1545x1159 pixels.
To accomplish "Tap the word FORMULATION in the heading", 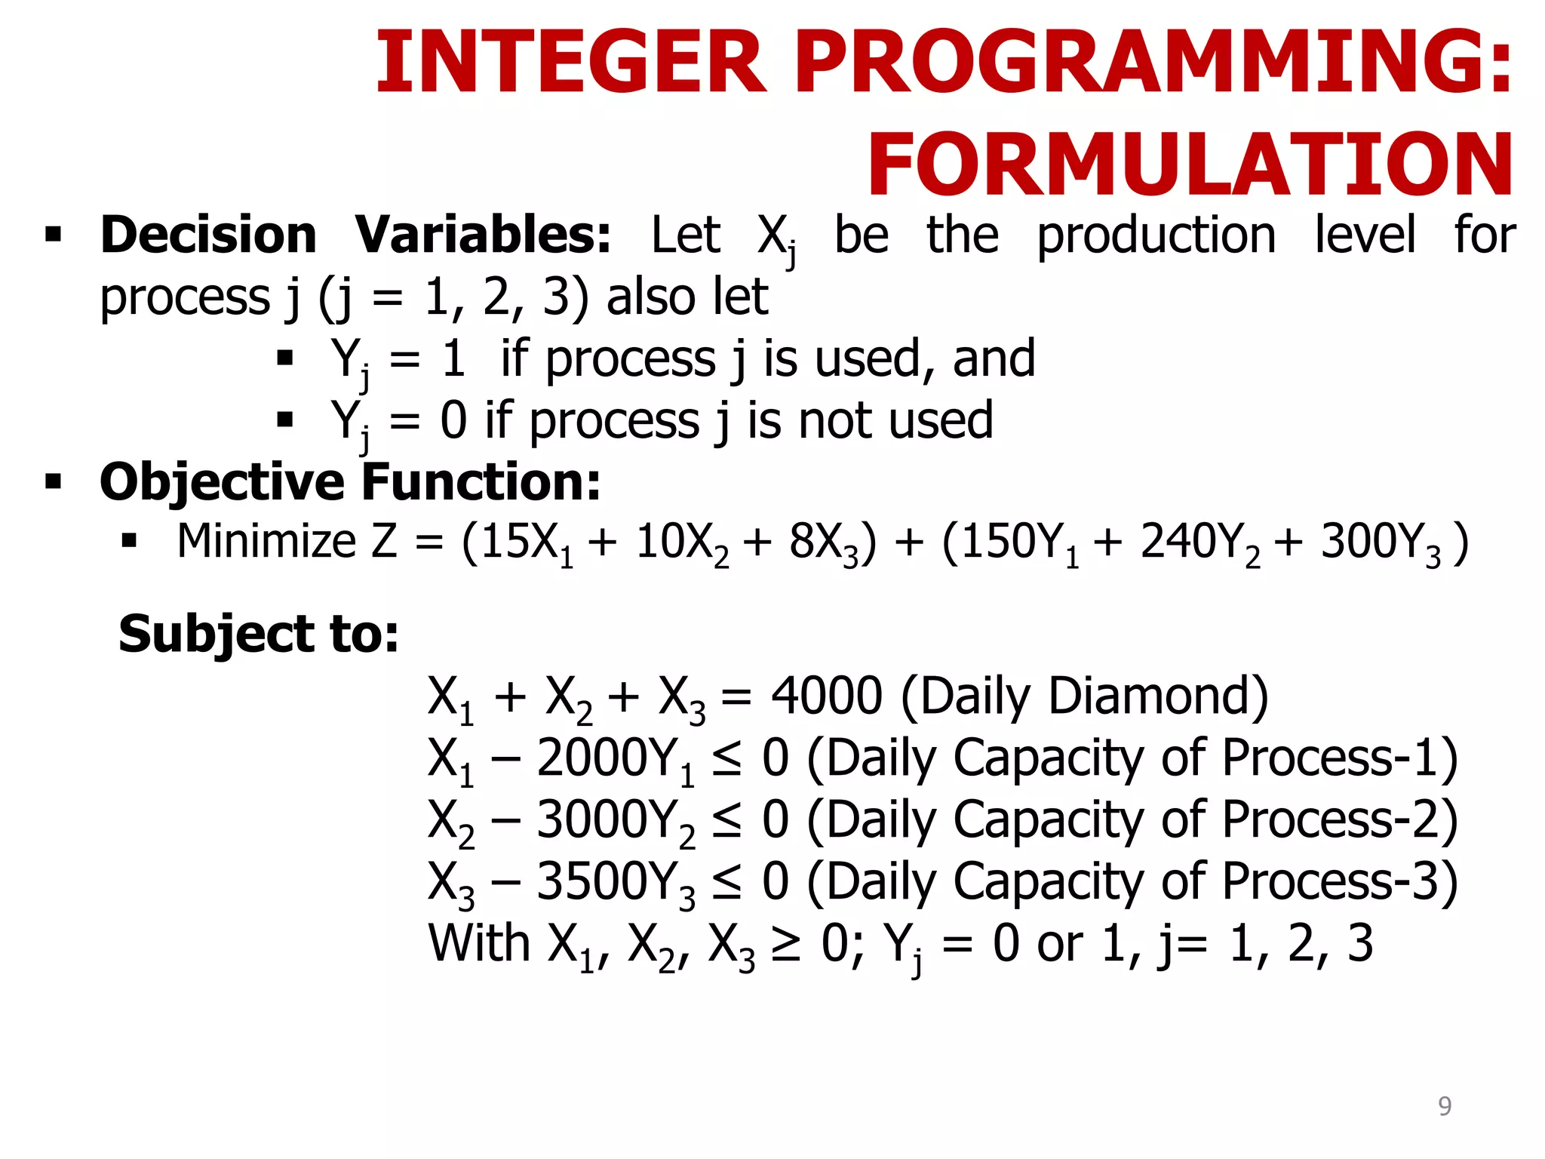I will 1190,165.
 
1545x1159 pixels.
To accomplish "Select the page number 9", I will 1444,1105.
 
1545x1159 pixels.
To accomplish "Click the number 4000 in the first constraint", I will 826,696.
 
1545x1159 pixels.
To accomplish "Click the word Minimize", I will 266,542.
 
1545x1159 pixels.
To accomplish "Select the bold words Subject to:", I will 259,634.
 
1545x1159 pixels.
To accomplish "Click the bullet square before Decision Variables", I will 53,234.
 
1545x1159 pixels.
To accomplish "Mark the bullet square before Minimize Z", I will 129,541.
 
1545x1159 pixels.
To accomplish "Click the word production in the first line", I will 1156,235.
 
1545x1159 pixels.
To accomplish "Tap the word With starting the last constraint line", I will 479,943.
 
